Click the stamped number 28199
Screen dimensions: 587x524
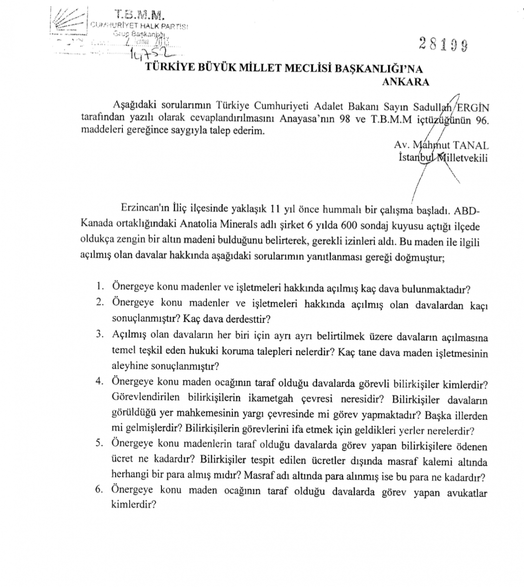point(443,45)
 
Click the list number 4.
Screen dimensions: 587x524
point(100,381)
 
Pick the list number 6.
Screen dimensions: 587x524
point(100,490)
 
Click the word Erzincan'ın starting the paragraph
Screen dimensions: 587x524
point(145,210)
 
